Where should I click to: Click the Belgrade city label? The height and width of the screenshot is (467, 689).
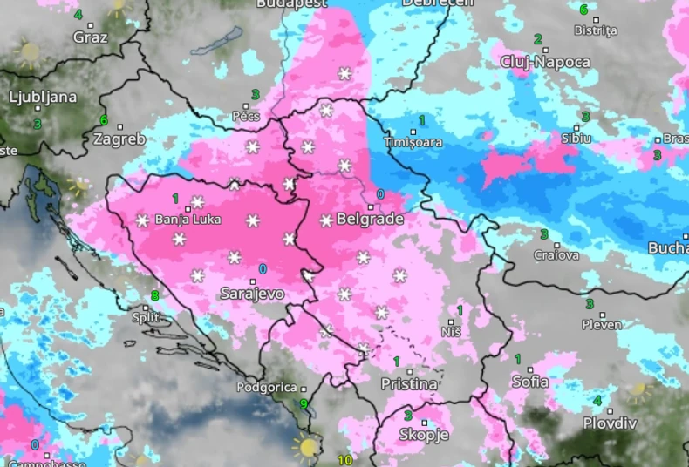click(x=370, y=220)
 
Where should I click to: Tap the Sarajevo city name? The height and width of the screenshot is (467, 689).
click(x=252, y=294)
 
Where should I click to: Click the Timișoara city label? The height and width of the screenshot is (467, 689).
click(x=413, y=142)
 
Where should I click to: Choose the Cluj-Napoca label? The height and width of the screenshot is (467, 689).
click(x=546, y=62)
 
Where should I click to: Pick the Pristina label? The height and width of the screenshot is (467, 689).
click(x=409, y=383)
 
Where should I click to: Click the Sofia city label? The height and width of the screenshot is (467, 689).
click(x=530, y=382)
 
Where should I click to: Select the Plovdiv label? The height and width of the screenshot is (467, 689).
click(x=611, y=423)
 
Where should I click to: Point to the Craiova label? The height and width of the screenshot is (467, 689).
click(x=556, y=255)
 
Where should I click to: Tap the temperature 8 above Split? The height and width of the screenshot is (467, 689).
click(x=155, y=295)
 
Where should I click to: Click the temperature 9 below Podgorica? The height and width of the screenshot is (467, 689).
click(x=303, y=403)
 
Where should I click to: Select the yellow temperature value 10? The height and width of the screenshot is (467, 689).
click(x=344, y=460)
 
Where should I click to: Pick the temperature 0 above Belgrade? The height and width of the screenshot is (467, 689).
click(x=379, y=194)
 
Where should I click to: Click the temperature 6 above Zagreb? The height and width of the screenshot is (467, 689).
click(x=103, y=120)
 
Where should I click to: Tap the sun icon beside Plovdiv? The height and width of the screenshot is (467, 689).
click(x=639, y=389)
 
